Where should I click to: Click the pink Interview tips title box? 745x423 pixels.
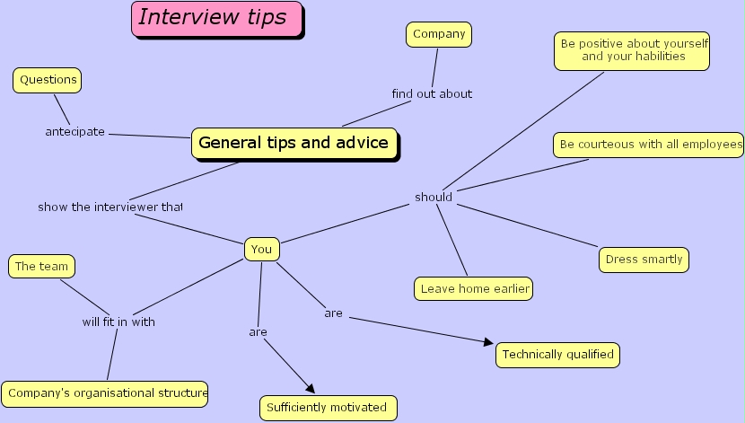point(216,19)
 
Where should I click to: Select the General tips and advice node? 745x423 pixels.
point(294,143)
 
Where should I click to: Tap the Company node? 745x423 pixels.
point(439,34)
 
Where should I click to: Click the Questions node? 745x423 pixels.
point(48,80)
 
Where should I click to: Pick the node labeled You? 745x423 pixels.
point(261,250)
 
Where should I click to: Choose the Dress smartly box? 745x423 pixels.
point(644,260)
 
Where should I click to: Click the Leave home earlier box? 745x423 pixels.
point(474,288)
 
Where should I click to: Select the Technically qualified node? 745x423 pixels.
point(557,355)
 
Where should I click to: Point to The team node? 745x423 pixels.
point(41,266)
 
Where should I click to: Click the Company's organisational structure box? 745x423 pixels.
point(106,392)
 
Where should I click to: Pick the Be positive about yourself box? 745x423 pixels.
point(633,50)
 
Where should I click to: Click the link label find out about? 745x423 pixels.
point(432,93)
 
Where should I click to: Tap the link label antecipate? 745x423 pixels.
point(75,132)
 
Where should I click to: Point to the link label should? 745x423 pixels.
point(434,197)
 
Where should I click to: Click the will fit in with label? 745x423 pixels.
point(118,322)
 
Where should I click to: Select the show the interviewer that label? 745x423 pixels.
point(110,207)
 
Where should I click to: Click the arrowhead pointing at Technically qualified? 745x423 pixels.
point(489,342)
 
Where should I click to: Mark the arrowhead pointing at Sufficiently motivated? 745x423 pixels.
point(311,388)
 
